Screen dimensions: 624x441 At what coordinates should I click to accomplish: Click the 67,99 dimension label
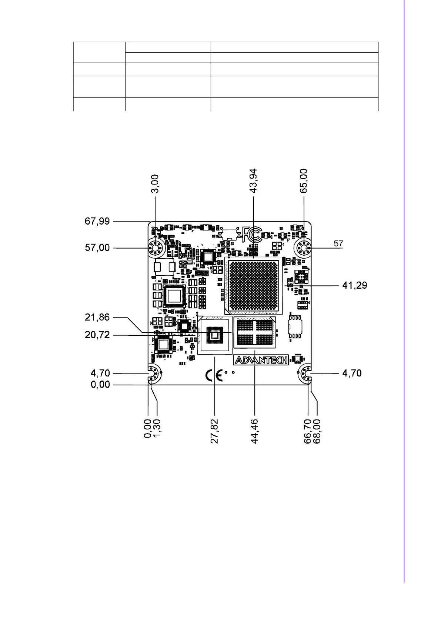[97, 221]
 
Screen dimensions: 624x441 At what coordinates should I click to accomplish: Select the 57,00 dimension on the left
[97, 248]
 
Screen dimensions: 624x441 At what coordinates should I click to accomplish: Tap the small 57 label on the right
[338, 244]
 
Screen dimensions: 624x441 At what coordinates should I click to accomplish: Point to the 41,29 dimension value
[354, 285]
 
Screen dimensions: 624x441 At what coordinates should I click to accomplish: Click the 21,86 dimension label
[97, 317]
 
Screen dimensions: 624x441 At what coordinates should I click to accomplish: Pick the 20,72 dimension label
[97, 335]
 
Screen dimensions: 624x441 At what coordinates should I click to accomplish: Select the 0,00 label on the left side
[100, 385]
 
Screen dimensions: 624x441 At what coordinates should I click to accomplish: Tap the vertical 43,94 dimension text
[254, 181]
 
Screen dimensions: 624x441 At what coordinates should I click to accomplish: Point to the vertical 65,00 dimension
[304, 181]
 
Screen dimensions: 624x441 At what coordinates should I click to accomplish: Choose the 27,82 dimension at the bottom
[214, 431]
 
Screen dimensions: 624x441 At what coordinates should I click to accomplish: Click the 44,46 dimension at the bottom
[254, 431]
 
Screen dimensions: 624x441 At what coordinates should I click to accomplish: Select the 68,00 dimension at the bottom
[317, 431]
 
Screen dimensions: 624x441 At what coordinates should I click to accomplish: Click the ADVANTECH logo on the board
[261, 360]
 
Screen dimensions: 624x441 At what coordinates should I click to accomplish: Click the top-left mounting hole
[156, 248]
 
